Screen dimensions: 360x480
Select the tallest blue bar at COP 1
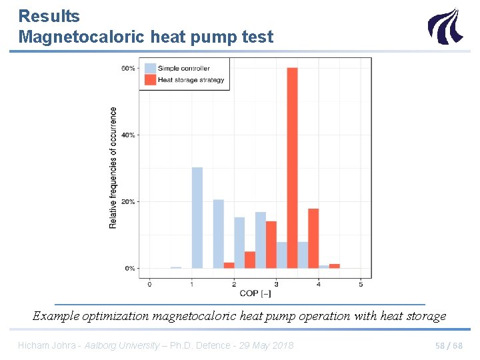tap(197, 217)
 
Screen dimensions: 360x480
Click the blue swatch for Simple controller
tap(150, 68)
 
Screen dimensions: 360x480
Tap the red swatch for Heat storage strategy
tap(150, 79)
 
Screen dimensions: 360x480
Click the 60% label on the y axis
tap(128, 68)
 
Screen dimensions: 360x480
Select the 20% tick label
tap(128, 201)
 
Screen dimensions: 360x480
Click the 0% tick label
tap(129, 268)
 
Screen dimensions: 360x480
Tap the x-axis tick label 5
tap(361, 285)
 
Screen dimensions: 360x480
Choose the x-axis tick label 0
tap(149, 285)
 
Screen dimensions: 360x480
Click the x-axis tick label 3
tap(276, 285)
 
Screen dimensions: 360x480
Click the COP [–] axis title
tap(255, 294)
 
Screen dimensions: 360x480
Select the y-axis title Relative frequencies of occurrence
tap(113, 168)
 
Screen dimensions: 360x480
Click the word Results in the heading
tap(49, 16)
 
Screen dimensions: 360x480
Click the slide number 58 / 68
tap(448, 345)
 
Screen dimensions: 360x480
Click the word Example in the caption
tap(56, 316)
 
